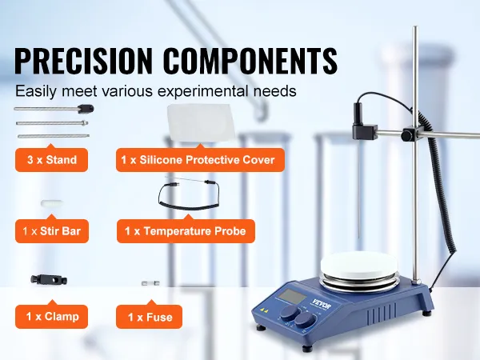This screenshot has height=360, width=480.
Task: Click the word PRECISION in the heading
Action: pos(83,60)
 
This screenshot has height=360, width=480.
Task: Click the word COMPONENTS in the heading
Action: pos(250,60)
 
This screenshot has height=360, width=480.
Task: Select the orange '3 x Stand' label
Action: pos(51,160)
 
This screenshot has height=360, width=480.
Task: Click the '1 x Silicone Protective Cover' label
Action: pos(200,160)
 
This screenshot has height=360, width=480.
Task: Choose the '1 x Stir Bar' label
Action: pos(52,231)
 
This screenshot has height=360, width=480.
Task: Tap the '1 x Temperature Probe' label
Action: pos(186,231)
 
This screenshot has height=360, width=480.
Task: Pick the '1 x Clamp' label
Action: pos(51,317)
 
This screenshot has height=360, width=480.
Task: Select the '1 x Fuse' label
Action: pos(149,317)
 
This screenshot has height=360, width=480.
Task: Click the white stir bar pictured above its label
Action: pos(52,202)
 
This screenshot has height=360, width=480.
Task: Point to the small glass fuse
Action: pos(150,283)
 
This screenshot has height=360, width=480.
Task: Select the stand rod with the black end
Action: pos(54,109)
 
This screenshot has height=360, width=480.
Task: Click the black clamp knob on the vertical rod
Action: pos(407,134)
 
